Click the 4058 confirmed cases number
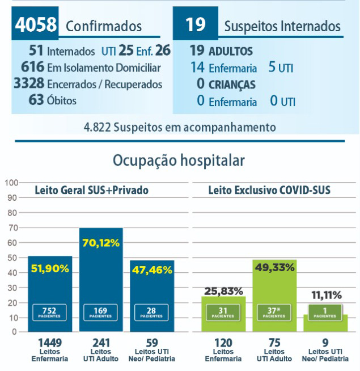[36, 25]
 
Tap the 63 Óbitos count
[36, 100]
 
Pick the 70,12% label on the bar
[101, 243]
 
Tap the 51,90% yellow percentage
[50, 269]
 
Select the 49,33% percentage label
[275, 267]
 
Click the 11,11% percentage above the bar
[325, 295]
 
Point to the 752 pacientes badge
[50, 312]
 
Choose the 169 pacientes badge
[101, 312]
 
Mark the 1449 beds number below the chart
[50, 342]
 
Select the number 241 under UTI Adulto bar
[101, 342]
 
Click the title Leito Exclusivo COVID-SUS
[269, 191]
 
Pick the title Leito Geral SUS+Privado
[92, 191]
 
